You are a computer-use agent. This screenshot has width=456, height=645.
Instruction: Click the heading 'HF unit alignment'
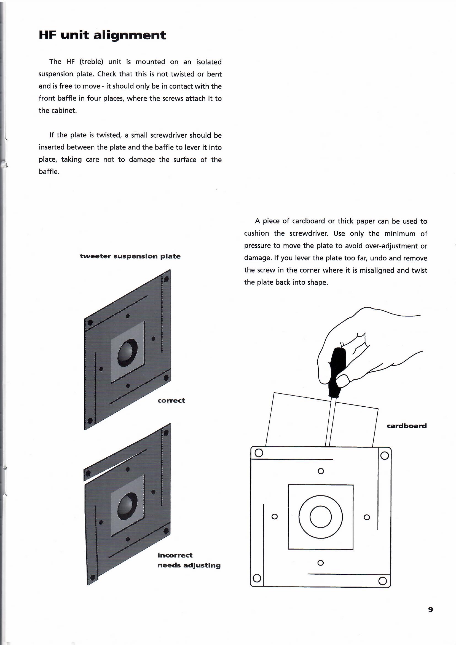point(102,35)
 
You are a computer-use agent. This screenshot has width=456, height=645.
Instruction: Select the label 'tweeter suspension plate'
point(130,256)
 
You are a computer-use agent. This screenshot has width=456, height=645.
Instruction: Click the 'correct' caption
point(171,401)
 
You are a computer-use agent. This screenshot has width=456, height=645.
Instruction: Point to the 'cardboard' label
point(407,426)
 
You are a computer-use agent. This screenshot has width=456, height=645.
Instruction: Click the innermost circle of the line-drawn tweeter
point(321,517)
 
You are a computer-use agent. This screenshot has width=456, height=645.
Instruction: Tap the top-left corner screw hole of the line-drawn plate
point(259,453)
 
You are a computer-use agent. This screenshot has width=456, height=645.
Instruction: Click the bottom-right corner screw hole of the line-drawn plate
point(382,581)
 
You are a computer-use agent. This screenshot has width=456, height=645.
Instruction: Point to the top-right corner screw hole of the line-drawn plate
point(384,455)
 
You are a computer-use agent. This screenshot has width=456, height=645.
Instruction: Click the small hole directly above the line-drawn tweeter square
point(321,471)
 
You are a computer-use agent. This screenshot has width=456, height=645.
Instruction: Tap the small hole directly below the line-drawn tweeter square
point(320,563)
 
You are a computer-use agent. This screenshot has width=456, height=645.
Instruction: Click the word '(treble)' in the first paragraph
point(92,62)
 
